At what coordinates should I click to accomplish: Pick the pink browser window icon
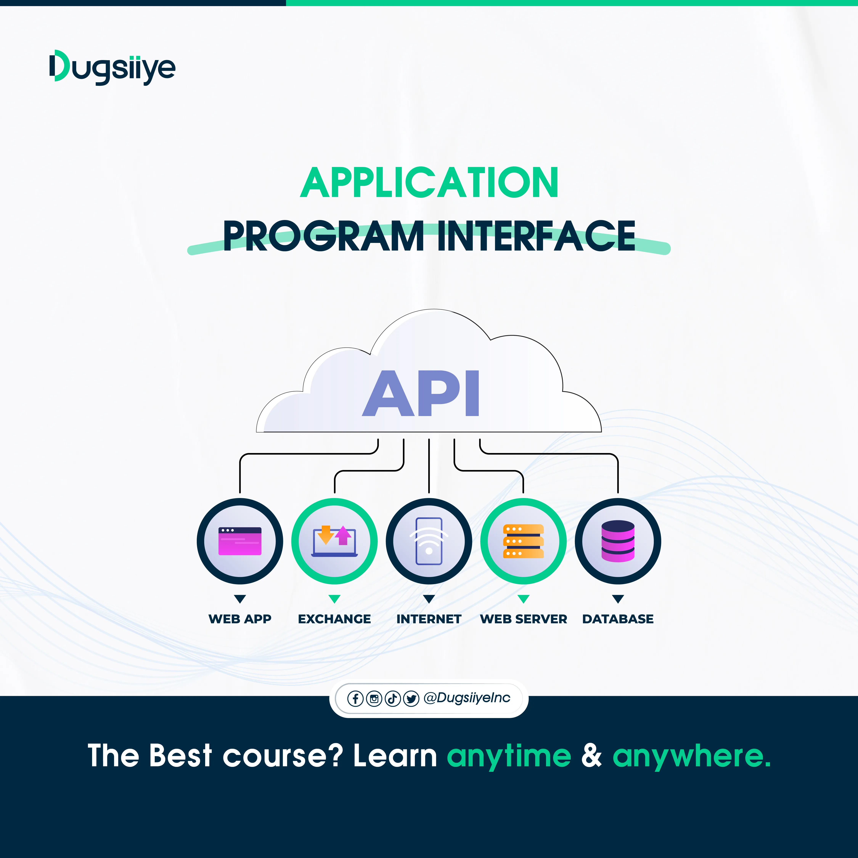[240, 541]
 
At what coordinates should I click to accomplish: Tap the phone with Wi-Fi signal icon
[429, 541]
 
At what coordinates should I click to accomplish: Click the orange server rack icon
[523, 541]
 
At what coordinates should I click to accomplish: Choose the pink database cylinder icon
[618, 541]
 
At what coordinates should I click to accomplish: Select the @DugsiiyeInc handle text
[467, 698]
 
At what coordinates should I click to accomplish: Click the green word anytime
[509, 756]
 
